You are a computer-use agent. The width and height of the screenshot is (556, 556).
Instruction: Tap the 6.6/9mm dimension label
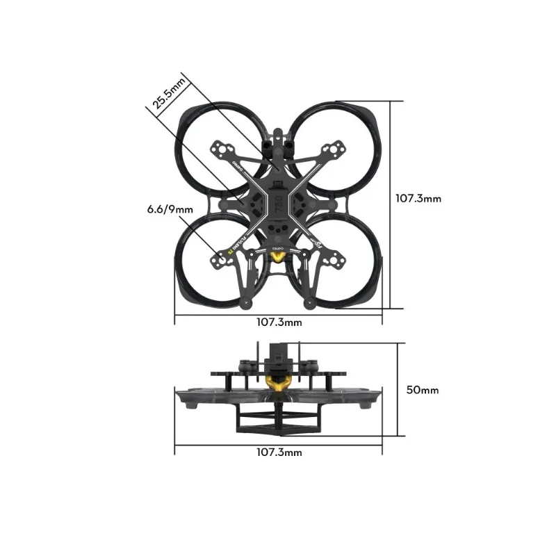[x=170, y=208]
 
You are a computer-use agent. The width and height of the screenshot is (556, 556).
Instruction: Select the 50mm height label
[x=422, y=390]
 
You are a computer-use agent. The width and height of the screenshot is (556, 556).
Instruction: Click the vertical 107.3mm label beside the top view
[x=418, y=198]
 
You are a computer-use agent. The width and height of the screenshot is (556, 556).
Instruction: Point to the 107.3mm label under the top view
[x=279, y=322]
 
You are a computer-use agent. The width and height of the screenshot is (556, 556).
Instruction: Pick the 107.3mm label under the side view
[x=279, y=452]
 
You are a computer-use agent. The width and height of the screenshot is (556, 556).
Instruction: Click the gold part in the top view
[x=278, y=259]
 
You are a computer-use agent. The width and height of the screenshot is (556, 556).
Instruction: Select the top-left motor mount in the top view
[x=223, y=149]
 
